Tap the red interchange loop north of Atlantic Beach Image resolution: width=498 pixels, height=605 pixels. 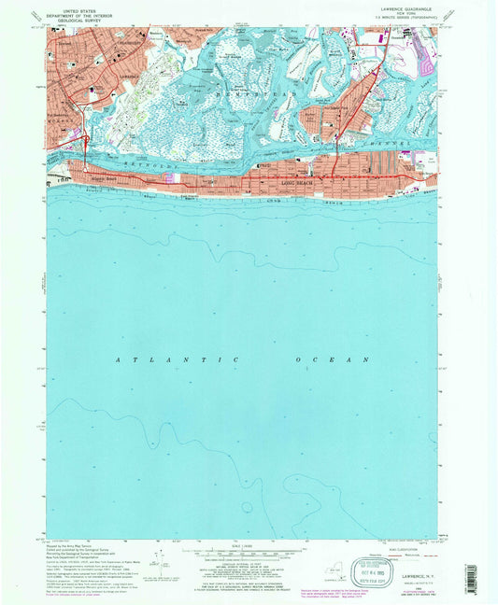pyautogui.click(x=85, y=142)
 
